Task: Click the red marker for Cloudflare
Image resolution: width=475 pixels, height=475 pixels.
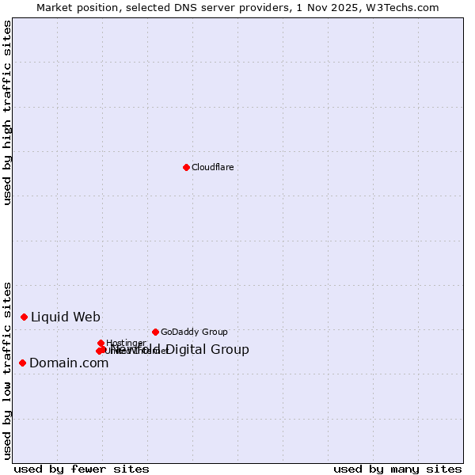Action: [x=186, y=167]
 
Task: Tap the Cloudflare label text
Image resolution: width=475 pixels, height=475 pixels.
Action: [x=212, y=167]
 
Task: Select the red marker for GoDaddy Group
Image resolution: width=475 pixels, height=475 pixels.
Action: [x=155, y=332]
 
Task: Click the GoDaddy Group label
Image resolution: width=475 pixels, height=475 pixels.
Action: [x=194, y=332]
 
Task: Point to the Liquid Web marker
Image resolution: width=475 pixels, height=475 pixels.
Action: [x=25, y=317]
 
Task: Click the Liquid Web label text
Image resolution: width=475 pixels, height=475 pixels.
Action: [x=66, y=317]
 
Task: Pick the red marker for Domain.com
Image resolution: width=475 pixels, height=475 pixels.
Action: [x=23, y=363]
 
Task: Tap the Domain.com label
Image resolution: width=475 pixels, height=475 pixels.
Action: [x=69, y=363]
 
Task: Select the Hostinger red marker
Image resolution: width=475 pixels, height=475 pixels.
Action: [x=101, y=343]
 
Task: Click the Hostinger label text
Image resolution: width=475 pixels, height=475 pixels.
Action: [x=126, y=343]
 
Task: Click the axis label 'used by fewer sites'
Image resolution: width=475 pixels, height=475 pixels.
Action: [x=82, y=469]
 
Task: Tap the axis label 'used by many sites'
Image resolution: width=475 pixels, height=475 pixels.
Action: [x=397, y=469]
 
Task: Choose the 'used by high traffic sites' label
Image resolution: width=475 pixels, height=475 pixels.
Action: [x=7, y=113]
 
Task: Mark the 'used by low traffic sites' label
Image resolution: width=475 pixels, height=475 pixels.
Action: [x=7, y=370]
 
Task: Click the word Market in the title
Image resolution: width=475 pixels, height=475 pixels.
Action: [x=55, y=7]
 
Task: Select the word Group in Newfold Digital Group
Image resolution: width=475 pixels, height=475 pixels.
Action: [x=230, y=350]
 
